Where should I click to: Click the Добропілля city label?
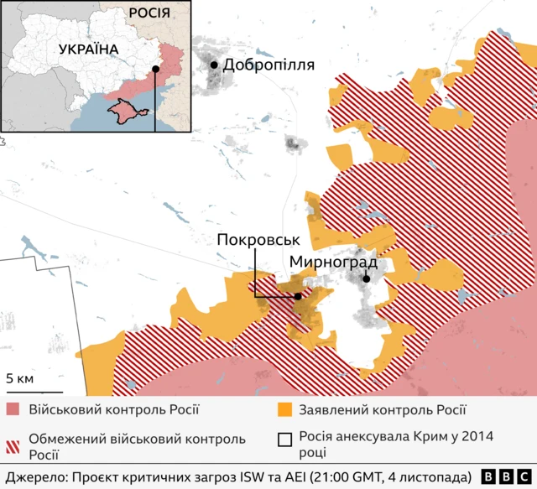[269, 65]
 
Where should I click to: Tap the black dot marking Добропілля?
[215, 65]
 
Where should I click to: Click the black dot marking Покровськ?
[298, 296]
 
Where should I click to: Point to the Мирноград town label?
[332, 262]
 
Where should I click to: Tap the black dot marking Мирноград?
[367, 279]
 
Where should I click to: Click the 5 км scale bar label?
[20, 378]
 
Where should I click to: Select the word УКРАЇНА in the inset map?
[88, 49]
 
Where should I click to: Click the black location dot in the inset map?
[155, 70]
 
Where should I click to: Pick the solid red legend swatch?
[13, 410]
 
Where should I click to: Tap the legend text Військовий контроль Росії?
[114, 410]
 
